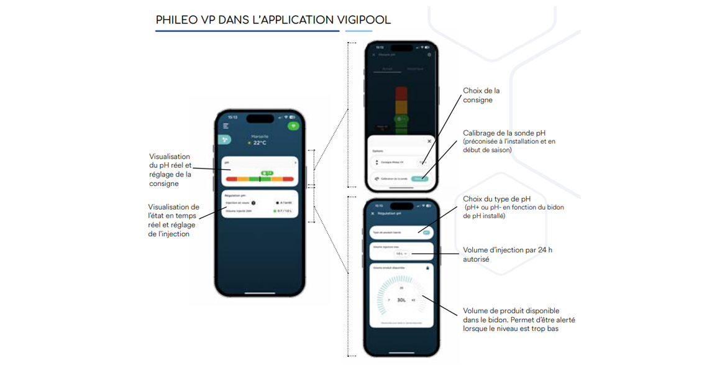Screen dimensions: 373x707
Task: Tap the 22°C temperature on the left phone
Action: (260, 143)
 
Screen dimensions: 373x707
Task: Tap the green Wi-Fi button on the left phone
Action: (293, 126)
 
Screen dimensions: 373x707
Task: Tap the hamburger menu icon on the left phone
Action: (226, 126)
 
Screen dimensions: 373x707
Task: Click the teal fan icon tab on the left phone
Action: (224, 140)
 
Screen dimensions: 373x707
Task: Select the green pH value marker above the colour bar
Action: (267, 173)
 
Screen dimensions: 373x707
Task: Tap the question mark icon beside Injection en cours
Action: (253, 203)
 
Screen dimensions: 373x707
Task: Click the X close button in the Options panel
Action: (429, 142)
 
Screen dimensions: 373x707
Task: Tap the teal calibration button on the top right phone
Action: (420, 178)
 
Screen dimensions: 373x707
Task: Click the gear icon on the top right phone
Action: (429, 55)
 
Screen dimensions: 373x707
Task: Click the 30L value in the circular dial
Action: (401, 300)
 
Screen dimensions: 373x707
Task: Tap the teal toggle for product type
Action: (426, 232)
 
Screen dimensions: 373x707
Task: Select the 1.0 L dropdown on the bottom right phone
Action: (401, 254)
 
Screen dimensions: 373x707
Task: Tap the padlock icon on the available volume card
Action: (427, 268)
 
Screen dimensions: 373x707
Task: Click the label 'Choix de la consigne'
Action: (481, 95)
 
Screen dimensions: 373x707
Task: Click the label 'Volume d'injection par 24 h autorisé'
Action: (507, 254)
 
